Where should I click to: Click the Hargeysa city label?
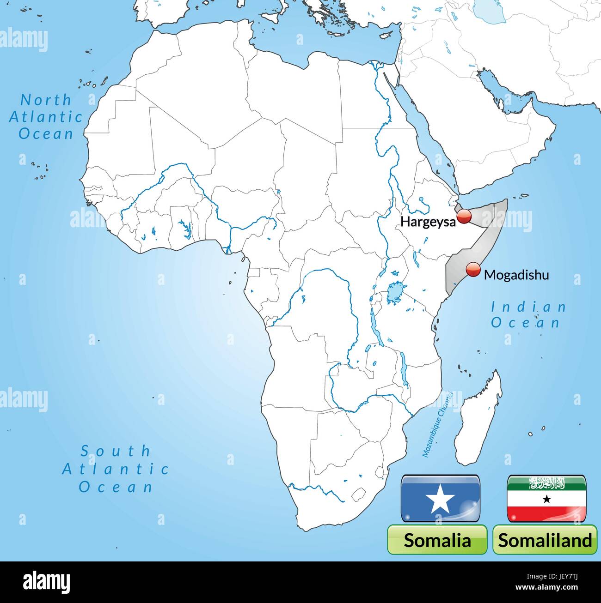(428, 222)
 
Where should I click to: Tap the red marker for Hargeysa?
(464, 216)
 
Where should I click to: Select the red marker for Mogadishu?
(473, 270)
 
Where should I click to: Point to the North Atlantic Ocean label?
(46, 116)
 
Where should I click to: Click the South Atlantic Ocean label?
(116, 469)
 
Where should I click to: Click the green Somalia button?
(437, 539)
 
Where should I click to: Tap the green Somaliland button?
(545, 539)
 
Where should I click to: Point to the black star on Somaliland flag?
(547, 499)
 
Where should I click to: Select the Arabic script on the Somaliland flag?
(547, 484)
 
